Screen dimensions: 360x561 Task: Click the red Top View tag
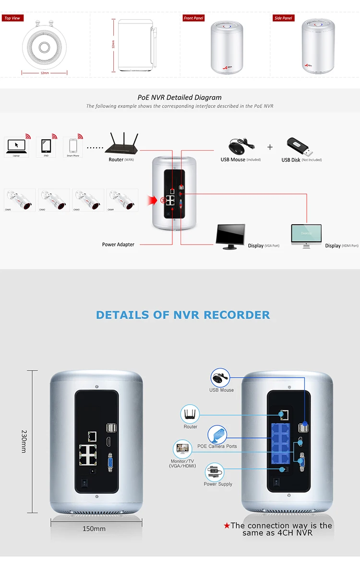point(12,18)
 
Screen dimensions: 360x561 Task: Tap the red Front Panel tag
point(193,18)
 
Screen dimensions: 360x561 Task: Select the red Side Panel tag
point(283,18)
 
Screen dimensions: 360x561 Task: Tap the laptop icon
point(16,146)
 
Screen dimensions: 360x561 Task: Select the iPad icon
point(47,146)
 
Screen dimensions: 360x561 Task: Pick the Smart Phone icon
point(73,146)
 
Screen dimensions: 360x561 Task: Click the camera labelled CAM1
point(19,199)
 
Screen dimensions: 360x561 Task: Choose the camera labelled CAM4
point(121,199)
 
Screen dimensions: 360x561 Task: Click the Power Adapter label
point(118,245)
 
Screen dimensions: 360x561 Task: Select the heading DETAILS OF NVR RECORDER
point(183,315)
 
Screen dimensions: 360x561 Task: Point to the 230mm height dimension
point(24,442)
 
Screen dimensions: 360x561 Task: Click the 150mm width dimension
point(94,529)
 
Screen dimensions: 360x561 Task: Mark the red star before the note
point(227,526)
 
